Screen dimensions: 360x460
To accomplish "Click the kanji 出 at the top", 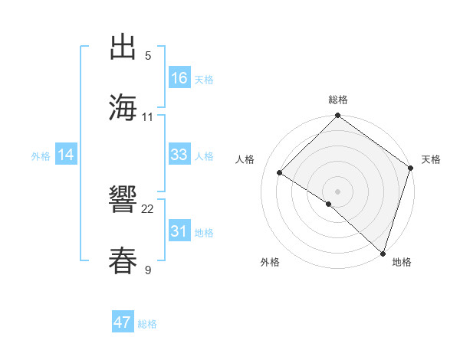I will pyautogui.click(x=123, y=47).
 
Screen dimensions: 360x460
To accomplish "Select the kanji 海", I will pyautogui.click(x=123, y=106).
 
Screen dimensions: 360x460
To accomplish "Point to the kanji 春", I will pyautogui.click(x=123, y=260).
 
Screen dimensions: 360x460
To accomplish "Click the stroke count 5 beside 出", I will pyautogui.click(x=148, y=56).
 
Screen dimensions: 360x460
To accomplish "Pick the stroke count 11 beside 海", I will pyautogui.click(x=148, y=116).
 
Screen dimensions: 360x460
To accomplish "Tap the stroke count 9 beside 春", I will pyautogui.click(x=148, y=270).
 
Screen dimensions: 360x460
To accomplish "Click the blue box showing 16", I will pyautogui.click(x=179, y=79).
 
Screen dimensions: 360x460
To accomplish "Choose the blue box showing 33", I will pyautogui.click(x=179, y=155).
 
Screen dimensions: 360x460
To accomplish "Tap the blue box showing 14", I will pyautogui.click(x=66, y=155).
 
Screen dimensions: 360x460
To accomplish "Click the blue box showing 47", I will pyautogui.click(x=123, y=322).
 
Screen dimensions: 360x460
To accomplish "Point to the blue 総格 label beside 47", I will pyautogui.click(x=147, y=324).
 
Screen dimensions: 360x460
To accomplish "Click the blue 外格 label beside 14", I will pyautogui.click(x=41, y=156).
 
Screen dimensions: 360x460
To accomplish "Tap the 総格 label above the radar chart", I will pyautogui.click(x=337, y=100).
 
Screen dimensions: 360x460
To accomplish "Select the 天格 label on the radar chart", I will pyautogui.click(x=431, y=159).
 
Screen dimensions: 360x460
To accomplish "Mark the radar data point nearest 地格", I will pyautogui.click(x=383, y=253).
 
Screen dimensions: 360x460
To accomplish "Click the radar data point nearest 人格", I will pyautogui.click(x=280, y=172).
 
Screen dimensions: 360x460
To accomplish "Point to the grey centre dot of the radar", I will pyautogui.click(x=337, y=191).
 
